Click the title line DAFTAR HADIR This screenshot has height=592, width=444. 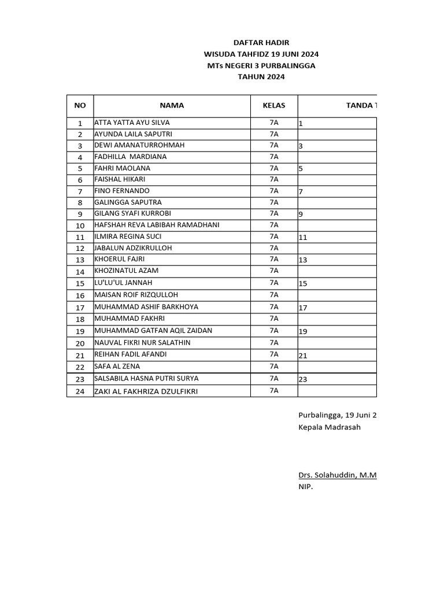(x=261, y=43)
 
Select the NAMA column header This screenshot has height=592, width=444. (x=172, y=105)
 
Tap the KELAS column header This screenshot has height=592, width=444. (x=274, y=105)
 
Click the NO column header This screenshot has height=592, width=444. (x=80, y=105)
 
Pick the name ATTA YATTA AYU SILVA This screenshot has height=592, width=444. (x=132, y=123)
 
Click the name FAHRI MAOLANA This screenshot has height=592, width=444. (x=122, y=168)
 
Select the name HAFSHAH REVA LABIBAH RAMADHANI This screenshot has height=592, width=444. (x=157, y=225)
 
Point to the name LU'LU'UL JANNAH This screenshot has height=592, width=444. (x=123, y=283)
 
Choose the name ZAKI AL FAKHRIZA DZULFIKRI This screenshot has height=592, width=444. (x=146, y=391)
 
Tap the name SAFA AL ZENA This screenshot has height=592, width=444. (x=117, y=367)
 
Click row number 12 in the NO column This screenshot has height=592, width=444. (x=80, y=249)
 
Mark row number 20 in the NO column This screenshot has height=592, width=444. (x=80, y=343)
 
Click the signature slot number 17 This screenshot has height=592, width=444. (x=303, y=308)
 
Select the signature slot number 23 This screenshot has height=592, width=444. (x=303, y=379)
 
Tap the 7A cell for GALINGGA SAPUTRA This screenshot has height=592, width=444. (x=274, y=202)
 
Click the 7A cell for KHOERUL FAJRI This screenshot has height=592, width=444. (x=274, y=259)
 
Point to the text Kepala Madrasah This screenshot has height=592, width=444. (x=329, y=427)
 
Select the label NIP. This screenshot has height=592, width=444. (x=305, y=487)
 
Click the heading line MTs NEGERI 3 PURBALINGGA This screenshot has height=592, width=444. (x=261, y=65)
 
